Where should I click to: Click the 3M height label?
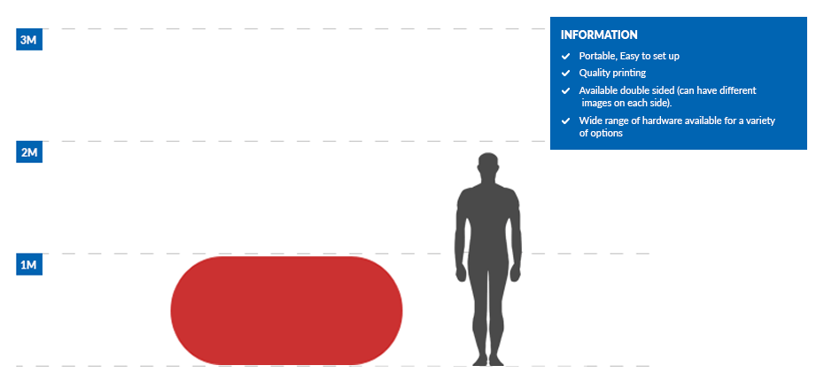(x=29, y=40)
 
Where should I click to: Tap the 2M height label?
(x=29, y=153)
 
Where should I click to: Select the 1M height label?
(x=29, y=266)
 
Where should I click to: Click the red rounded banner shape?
(x=286, y=311)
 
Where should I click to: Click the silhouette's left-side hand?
(x=461, y=272)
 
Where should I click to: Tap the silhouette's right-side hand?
(x=516, y=272)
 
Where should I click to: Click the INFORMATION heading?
(x=599, y=35)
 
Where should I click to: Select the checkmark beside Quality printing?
(x=565, y=73)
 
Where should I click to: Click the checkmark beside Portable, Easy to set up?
(x=565, y=56)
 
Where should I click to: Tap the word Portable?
(x=596, y=56)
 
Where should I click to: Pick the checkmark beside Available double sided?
(x=565, y=91)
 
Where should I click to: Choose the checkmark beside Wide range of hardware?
(x=565, y=121)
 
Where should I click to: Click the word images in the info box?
(x=597, y=104)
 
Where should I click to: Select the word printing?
(x=628, y=73)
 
